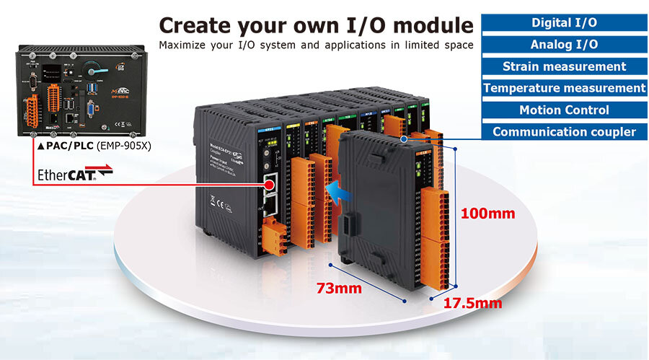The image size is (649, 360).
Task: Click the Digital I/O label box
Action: tap(564, 22)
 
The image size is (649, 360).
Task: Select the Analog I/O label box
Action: tap(564, 45)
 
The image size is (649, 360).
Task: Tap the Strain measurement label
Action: tap(564, 66)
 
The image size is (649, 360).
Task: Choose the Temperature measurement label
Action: tap(564, 88)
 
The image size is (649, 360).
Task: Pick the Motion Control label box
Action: tap(564, 110)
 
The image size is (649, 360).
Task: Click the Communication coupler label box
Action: tap(564, 132)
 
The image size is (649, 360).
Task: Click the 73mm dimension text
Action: tap(338, 289)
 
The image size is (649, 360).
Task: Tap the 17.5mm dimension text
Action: tap(473, 303)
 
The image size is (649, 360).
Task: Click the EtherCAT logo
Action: tap(66, 175)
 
